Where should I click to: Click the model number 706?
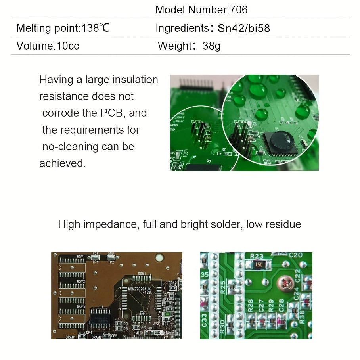pyautogui.click(x=239, y=10)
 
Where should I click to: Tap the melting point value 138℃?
pyautogui.click(x=95, y=28)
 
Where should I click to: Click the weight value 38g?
pyautogui.click(x=211, y=46)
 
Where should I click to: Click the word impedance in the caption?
pyautogui.click(x=107, y=224)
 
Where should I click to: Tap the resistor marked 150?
pyautogui.click(x=259, y=264)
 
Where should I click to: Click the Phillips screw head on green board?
pyautogui.click(x=285, y=282)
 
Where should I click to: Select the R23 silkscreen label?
pyautogui.click(x=257, y=256)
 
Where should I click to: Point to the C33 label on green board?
pyautogui.click(x=205, y=320)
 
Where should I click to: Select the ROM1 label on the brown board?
pyautogui.click(x=142, y=274)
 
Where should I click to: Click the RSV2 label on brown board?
pyautogui.click(x=81, y=281)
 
